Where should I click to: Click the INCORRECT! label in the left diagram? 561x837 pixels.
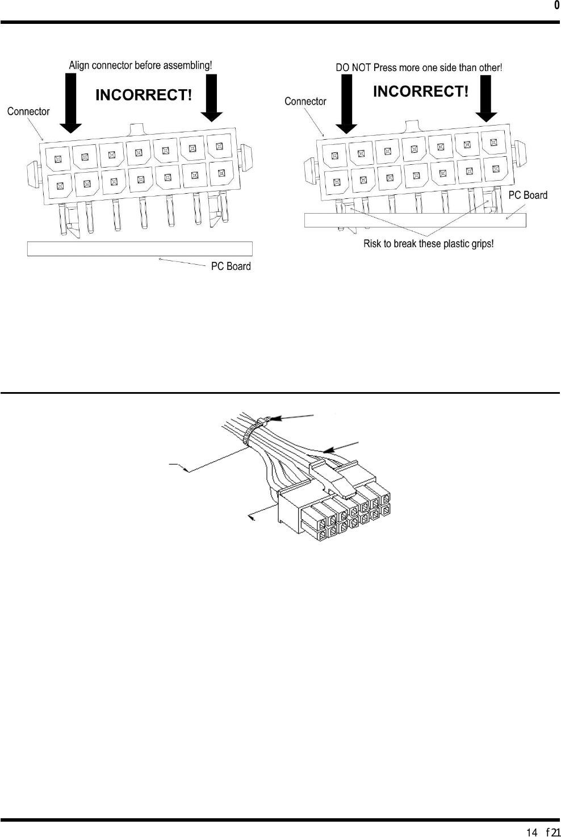coord(144,95)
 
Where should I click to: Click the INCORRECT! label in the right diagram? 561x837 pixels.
coord(421,91)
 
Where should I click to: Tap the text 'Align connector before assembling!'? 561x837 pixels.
coord(140,65)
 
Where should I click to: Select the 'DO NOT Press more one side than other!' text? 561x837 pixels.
coord(418,68)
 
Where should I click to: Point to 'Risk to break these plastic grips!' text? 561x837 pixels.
coord(428,244)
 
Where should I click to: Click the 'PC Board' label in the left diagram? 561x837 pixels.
coord(231,266)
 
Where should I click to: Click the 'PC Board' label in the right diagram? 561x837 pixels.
coord(527,195)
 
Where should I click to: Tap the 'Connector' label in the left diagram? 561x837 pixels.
coord(28,111)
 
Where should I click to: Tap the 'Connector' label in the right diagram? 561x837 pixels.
coord(305,101)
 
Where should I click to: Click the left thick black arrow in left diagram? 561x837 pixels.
coord(70,103)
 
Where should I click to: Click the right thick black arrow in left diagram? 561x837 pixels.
coord(211,98)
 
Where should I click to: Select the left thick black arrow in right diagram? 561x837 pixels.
coord(346,104)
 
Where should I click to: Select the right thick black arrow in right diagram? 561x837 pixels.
coord(485,99)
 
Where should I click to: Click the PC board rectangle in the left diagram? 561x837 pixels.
coord(140,249)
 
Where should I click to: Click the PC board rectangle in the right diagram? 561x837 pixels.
coord(415,220)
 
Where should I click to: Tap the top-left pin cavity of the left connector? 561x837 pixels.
coord(57,159)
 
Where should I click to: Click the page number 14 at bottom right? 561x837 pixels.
coord(532,832)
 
